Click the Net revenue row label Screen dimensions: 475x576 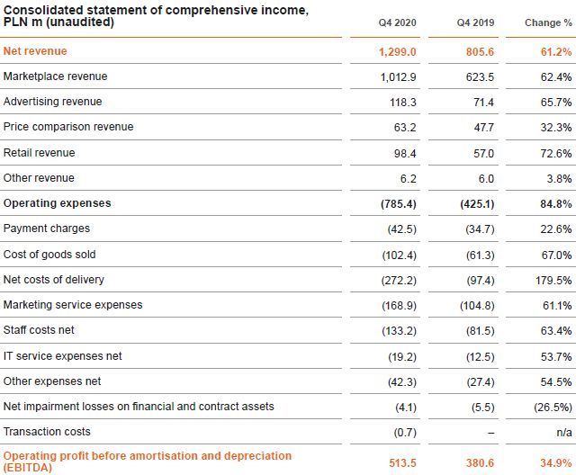35,51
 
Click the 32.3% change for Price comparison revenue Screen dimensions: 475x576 553,128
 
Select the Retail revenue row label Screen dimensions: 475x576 39,153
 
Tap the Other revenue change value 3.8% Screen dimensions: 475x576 558,179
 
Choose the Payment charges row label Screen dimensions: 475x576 46,229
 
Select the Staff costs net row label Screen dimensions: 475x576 39,330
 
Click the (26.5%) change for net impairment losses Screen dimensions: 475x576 551,408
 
